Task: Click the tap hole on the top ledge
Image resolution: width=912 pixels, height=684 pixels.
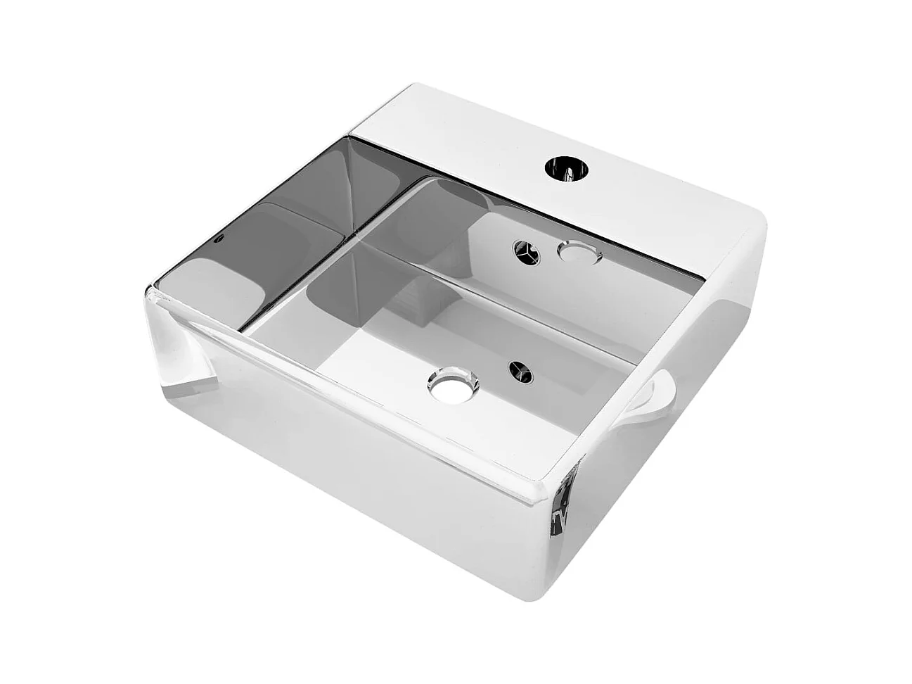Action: [566, 170]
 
